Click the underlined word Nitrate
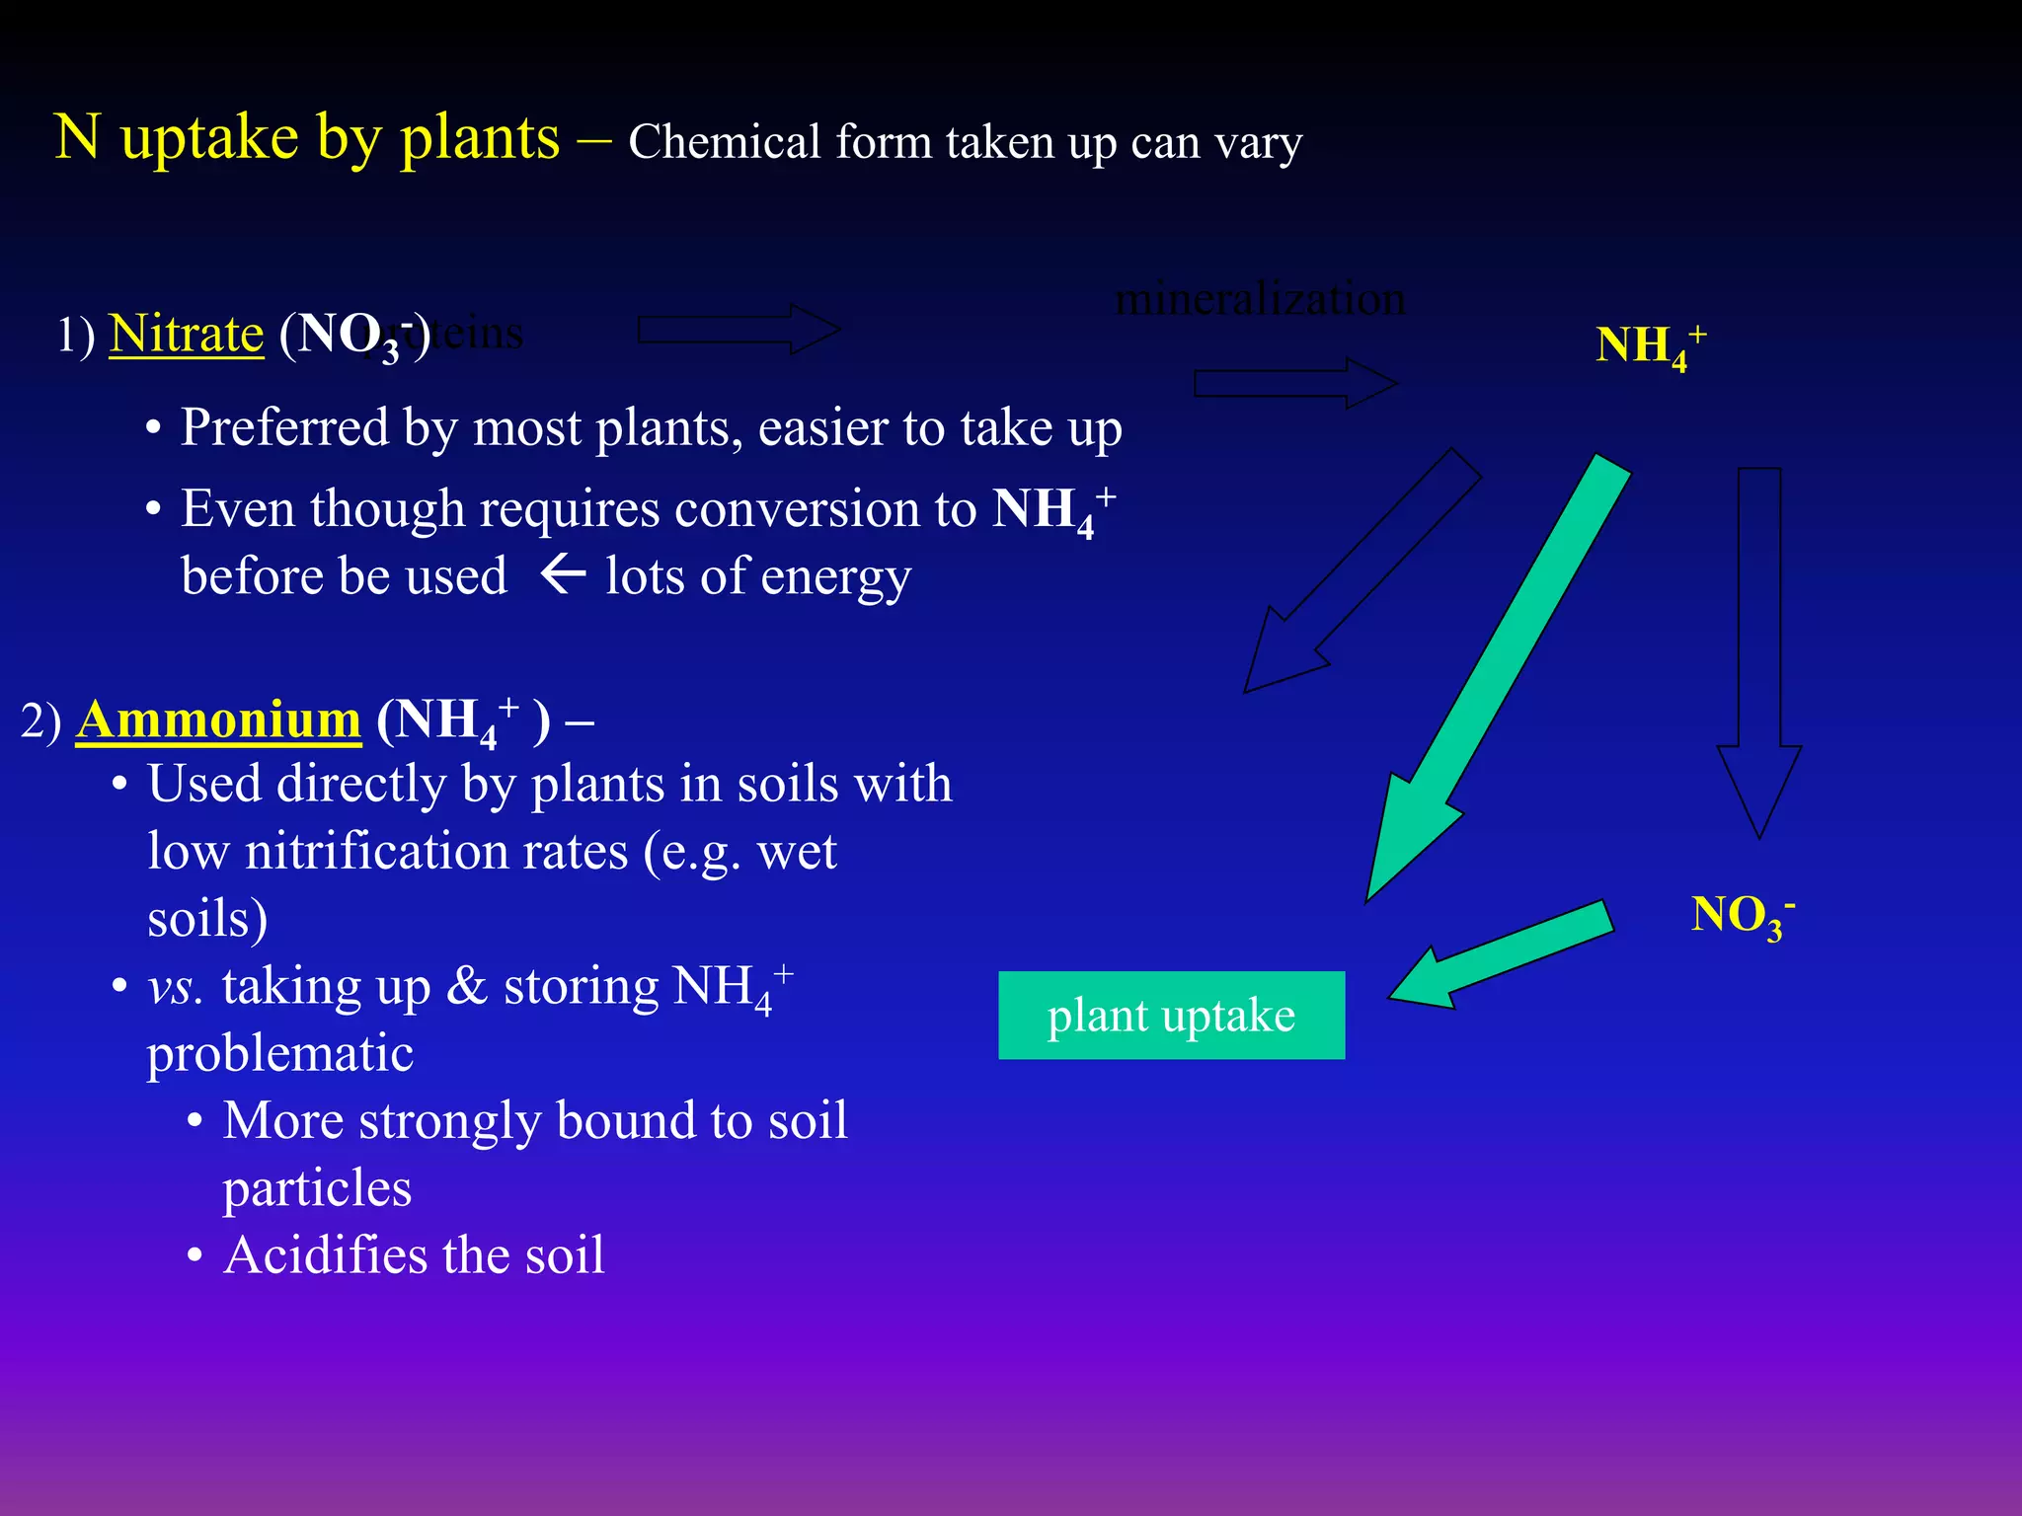187,334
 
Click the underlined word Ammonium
218,720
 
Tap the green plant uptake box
1171,1015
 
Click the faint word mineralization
1260,298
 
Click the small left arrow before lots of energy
564,573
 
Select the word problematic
280,1054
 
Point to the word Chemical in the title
725,142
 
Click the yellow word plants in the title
480,138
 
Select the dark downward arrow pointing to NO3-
1759,651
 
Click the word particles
317,1188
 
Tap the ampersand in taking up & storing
467,987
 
